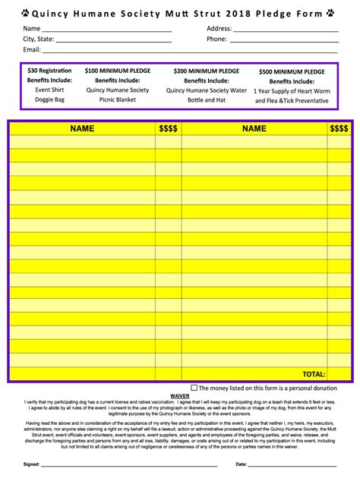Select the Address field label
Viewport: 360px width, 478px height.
[219, 28]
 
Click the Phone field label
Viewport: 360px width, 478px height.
[216, 39]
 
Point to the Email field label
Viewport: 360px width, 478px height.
[32, 49]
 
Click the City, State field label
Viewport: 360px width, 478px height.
[38, 39]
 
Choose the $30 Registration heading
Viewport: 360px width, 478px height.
[49, 70]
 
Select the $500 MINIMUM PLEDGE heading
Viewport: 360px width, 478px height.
[292, 71]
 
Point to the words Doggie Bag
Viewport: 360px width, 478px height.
[49, 99]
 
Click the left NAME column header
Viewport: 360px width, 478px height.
[82, 129]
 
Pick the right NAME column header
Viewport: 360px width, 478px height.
[254, 129]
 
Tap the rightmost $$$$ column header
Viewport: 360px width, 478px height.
[339, 129]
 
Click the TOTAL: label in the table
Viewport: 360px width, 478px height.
[314, 374]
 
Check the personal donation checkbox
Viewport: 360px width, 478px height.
[194, 388]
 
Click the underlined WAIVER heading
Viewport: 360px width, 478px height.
[180, 396]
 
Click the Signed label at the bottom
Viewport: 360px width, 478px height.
[31, 464]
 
